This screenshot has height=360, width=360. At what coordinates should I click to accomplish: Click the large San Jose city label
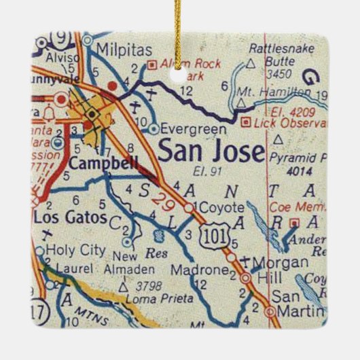coord(211,151)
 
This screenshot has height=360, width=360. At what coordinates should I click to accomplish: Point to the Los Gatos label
coord(71,217)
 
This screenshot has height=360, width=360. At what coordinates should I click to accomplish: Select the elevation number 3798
coord(148,286)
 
